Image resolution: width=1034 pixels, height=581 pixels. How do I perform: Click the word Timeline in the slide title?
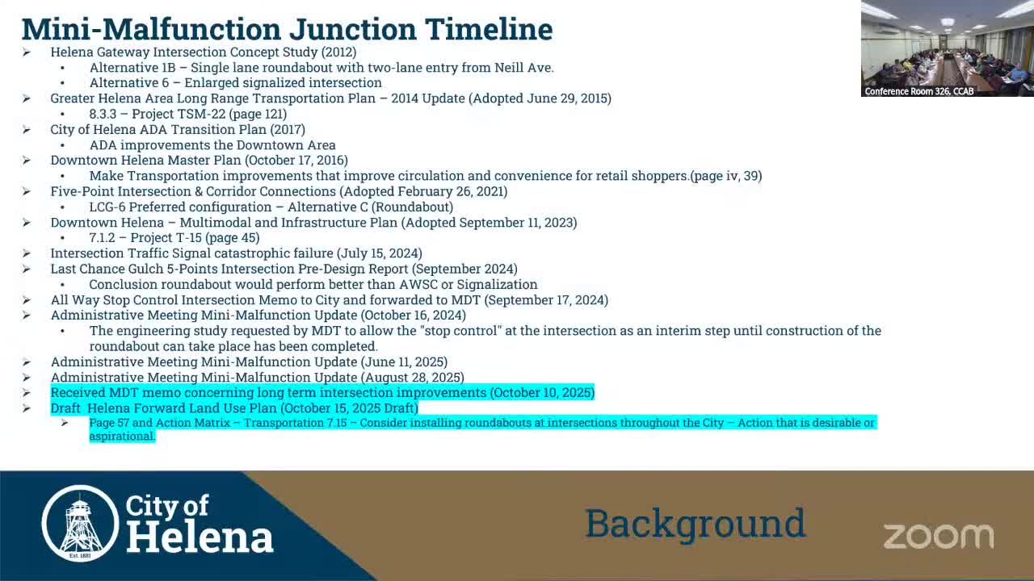click(x=490, y=29)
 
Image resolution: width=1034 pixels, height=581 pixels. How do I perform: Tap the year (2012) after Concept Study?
click(x=338, y=52)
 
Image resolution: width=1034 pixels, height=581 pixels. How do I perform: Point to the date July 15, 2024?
click(x=379, y=253)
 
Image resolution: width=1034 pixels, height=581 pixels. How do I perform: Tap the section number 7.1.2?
click(x=103, y=238)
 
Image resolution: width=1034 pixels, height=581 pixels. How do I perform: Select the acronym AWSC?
click(x=419, y=285)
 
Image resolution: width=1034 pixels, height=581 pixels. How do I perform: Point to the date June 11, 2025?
click(x=404, y=362)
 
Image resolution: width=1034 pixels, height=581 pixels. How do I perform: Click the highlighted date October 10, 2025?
click(x=542, y=393)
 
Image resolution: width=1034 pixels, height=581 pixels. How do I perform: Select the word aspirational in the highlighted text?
click(x=121, y=437)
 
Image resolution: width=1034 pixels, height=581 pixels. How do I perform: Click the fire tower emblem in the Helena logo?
click(x=80, y=523)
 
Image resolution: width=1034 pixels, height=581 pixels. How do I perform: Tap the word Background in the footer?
click(x=695, y=524)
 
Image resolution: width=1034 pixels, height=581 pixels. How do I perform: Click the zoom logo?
click(x=938, y=536)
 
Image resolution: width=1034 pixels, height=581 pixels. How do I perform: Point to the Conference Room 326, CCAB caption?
click(x=919, y=91)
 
